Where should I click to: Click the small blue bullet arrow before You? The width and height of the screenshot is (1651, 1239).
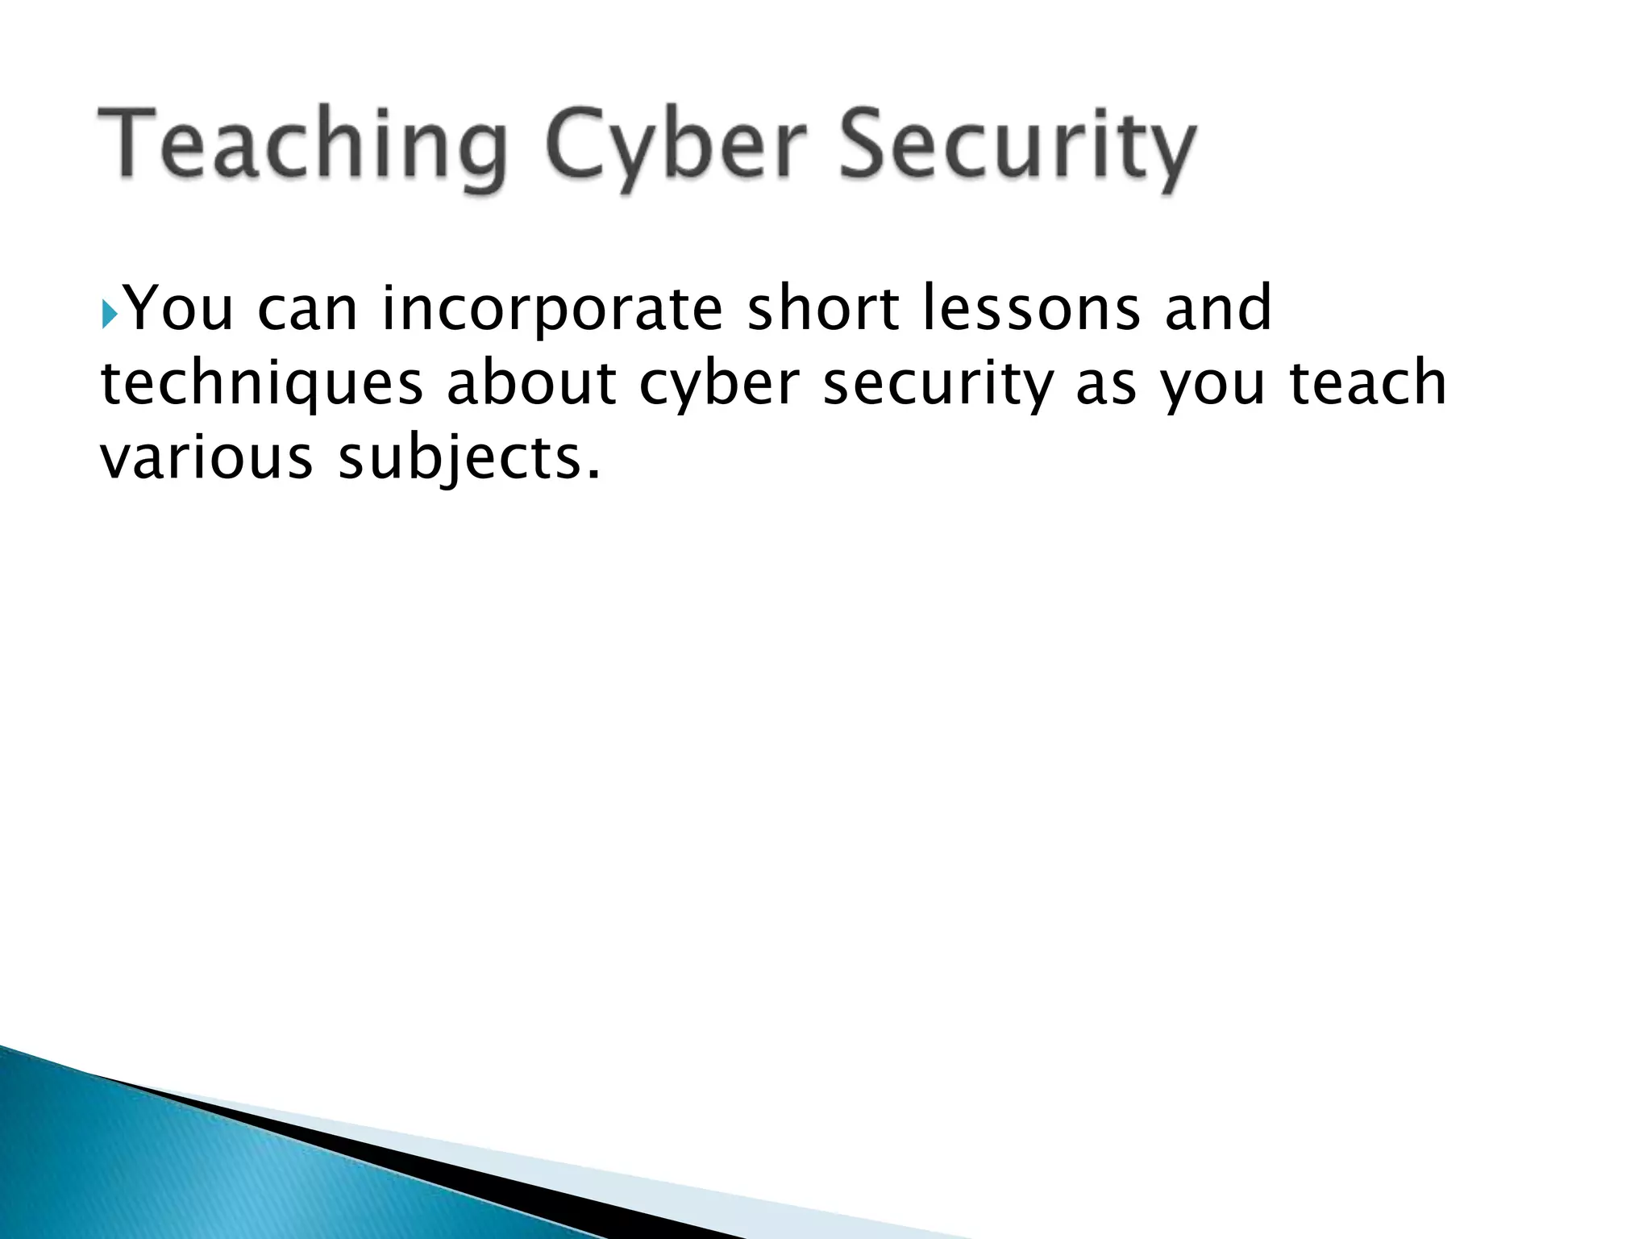pyautogui.click(x=110, y=310)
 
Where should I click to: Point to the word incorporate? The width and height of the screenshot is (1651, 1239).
pyautogui.click(x=551, y=310)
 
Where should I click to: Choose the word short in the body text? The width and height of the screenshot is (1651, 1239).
pyautogui.click(x=822, y=308)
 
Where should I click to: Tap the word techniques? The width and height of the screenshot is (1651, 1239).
pyautogui.click(x=262, y=384)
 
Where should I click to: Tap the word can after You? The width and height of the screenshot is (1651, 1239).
pyautogui.click(x=307, y=310)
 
